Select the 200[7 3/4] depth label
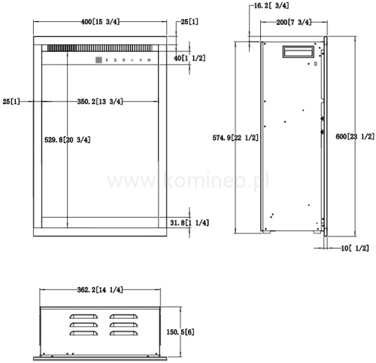[x=293, y=23]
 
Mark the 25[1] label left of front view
[x=11, y=100]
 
